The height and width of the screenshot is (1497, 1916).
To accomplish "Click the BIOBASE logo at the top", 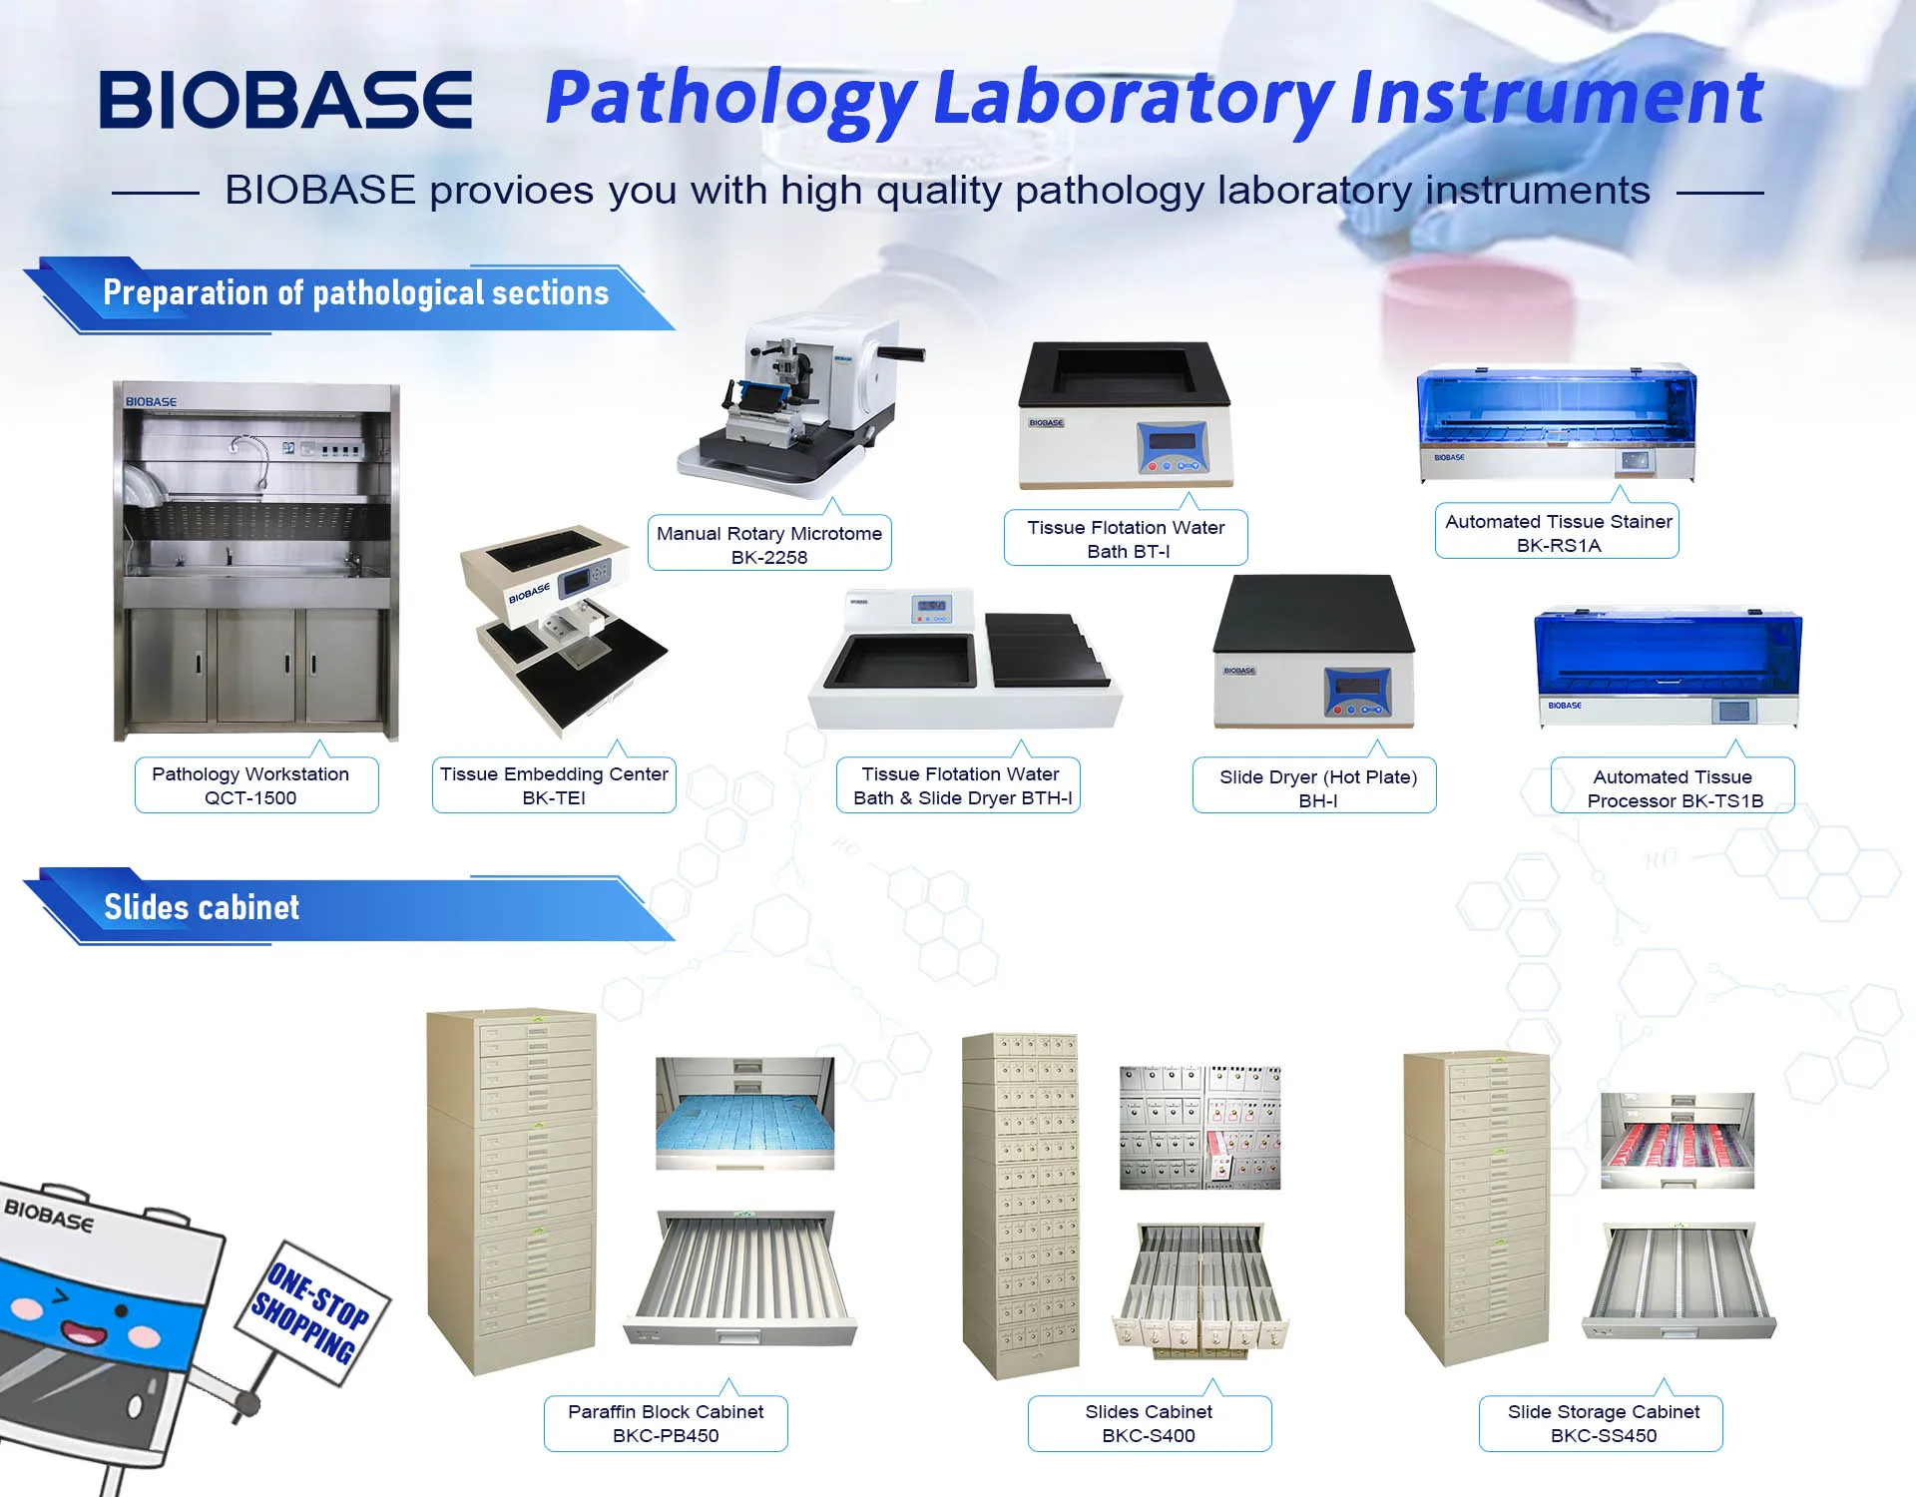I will (x=285, y=100).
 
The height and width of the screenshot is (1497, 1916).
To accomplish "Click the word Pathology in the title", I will (x=730, y=100).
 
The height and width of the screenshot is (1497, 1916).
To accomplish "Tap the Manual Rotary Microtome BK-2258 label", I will (x=769, y=544).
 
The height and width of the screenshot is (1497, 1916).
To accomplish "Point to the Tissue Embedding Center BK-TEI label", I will (x=554, y=785).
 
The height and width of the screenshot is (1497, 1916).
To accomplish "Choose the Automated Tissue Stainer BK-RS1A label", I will (x=1557, y=532).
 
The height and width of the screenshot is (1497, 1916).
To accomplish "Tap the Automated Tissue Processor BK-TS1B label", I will (x=1673, y=787).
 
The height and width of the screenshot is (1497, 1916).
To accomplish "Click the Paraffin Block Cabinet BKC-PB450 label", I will (x=666, y=1423).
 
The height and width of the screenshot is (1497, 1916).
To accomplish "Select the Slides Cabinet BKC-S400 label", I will (x=1150, y=1423).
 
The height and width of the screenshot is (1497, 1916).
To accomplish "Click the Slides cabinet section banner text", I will (x=202, y=907).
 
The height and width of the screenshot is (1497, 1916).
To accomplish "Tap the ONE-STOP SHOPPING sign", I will (x=312, y=1310).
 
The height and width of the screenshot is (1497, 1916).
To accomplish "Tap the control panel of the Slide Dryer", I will (x=1358, y=692).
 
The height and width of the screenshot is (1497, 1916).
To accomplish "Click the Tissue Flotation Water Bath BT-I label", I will (x=1126, y=538).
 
